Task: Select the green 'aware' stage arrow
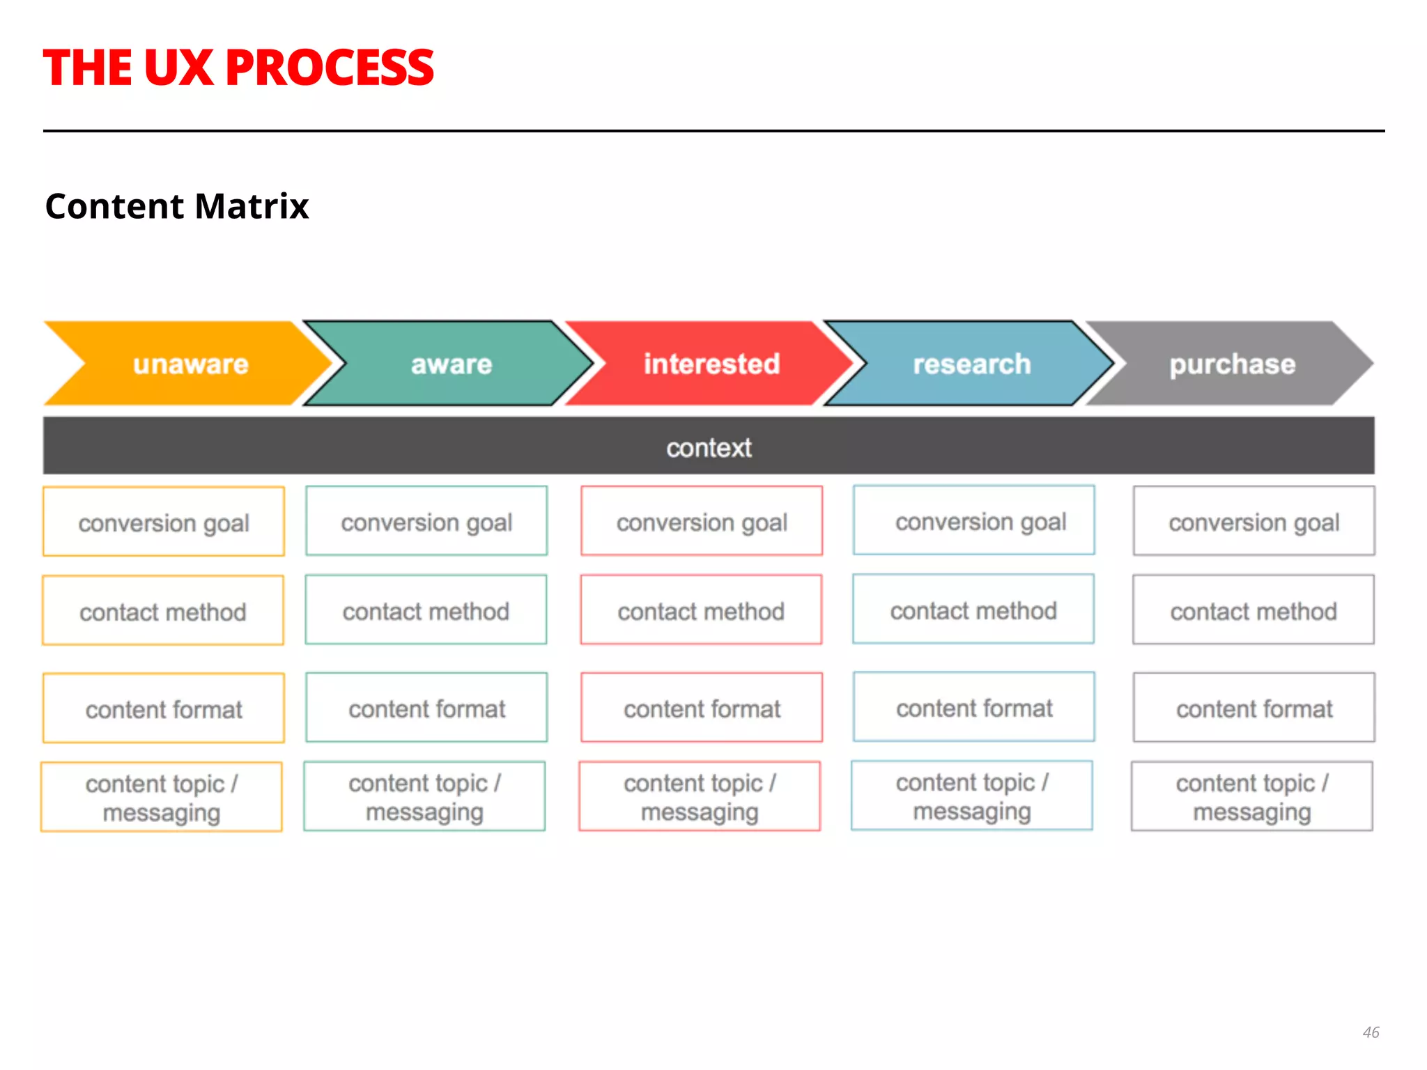point(451,364)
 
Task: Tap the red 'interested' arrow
point(711,364)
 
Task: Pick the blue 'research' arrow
point(971,364)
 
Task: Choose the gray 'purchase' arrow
point(1232,364)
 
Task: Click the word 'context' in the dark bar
point(709,448)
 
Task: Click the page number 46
point(1371,1032)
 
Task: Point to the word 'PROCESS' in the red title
point(330,68)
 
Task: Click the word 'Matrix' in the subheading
point(252,206)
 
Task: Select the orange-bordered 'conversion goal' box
point(164,522)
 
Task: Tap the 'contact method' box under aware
point(426,610)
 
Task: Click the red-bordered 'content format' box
point(702,708)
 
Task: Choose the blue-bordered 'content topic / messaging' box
point(972,796)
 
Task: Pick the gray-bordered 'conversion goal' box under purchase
point(1254,521)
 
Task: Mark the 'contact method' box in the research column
point(973,610)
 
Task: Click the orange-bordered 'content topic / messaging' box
point(162,797)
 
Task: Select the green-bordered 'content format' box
point(426,708)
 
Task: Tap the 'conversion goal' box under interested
point(702,521)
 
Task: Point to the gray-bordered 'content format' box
point(1254,708)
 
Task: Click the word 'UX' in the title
point(178,68)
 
